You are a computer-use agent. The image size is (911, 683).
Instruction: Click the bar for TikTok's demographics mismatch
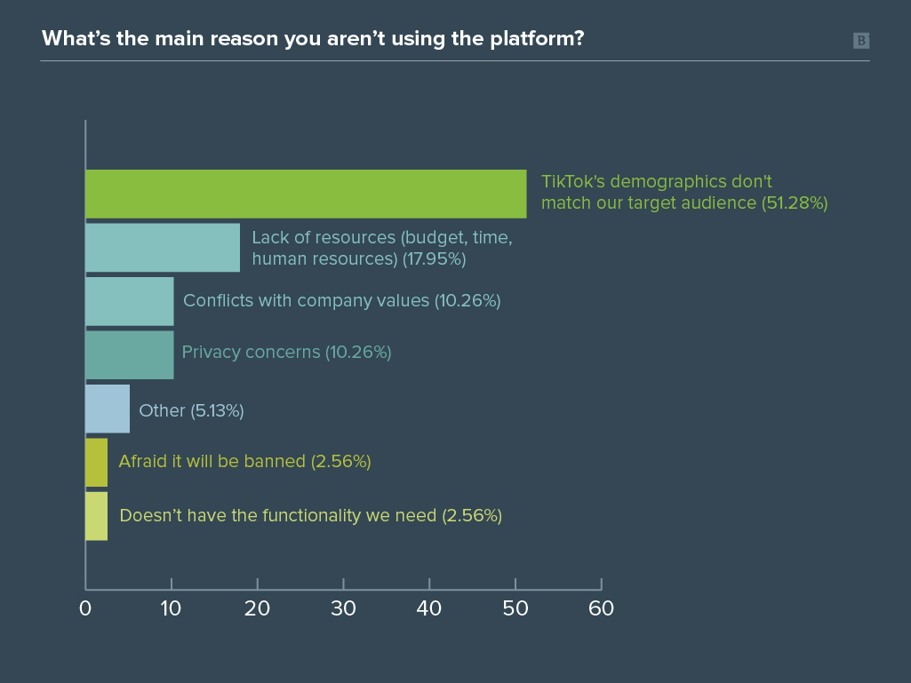[306, 194]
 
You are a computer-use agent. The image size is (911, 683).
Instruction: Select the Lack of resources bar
[163, 247]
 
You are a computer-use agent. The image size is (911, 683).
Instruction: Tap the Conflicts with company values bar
[130, 301]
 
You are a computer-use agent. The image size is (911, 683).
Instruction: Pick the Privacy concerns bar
[130, 354]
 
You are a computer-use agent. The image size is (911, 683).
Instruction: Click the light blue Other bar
[108, 409]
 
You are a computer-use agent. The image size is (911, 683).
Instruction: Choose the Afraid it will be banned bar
[96, 462]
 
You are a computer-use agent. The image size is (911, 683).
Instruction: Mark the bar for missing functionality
[96, 515]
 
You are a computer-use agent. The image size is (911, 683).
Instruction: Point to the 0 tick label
[85, 609]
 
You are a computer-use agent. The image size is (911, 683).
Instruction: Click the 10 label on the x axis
[172, 609]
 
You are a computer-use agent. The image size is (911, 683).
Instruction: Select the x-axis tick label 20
[258, 609]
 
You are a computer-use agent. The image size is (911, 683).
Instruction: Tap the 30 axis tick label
[343, 609]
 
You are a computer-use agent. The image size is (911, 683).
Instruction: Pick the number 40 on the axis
[429, 609]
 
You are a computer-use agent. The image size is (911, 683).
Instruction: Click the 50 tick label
[515, 609]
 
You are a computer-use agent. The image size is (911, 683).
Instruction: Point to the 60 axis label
[601, 609]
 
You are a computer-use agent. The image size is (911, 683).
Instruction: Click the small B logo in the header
[860, 40]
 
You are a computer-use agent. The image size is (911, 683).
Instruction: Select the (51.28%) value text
[794, 203]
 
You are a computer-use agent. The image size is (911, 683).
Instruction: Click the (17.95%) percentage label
[433, 258]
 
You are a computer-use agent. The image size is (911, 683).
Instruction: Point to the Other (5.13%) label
[191, 410]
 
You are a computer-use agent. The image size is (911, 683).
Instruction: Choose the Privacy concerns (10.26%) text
[286, 352]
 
